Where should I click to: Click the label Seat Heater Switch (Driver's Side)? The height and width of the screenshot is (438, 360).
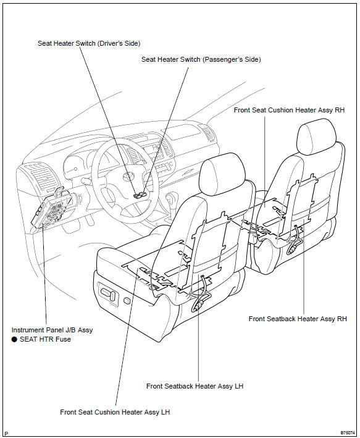(89, 44)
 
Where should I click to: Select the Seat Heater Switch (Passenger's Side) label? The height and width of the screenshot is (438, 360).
(201, 59)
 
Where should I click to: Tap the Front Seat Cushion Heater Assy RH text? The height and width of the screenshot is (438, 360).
(289, 110)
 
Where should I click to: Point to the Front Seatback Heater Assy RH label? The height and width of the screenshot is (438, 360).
(298, 319)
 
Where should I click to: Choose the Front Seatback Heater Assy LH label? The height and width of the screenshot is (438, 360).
(195, 386)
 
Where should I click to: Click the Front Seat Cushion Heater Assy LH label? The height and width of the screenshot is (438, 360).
(115, 411)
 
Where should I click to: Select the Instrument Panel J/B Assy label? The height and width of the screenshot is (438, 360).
(52, 330)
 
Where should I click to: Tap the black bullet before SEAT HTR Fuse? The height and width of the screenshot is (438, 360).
(15, 339)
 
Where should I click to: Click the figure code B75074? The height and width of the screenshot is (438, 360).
(348, 433)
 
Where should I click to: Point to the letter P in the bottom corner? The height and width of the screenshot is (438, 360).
(6, 433)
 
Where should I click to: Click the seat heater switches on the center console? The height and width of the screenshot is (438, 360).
(140, 195)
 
